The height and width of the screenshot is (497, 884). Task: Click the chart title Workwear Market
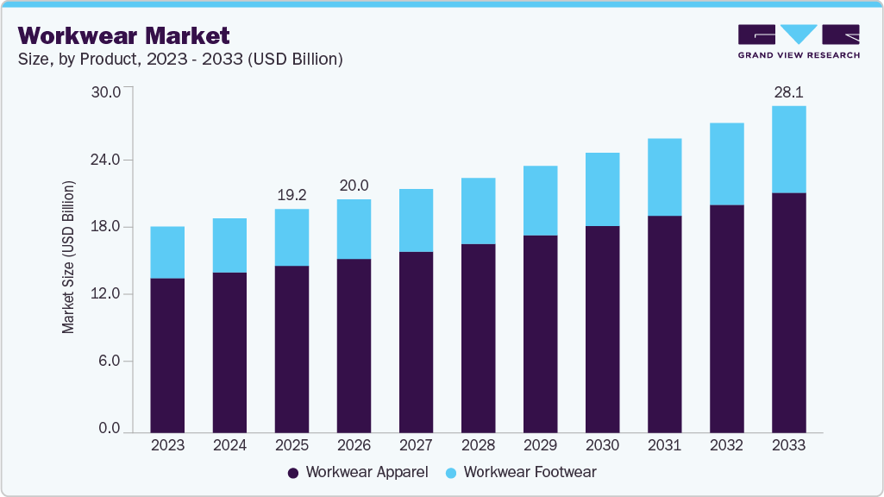(123, 35)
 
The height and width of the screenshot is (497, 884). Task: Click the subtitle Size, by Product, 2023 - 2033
(180, 60)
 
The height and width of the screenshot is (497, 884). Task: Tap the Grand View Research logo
(798, 41)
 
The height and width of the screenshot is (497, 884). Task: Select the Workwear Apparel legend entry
(357, 472)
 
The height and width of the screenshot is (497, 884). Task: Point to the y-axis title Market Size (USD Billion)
(68, 258)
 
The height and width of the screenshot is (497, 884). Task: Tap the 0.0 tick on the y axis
(109, 428)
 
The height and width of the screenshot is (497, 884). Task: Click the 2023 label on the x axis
(167, 445)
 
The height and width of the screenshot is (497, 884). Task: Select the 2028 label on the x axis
(478, 445)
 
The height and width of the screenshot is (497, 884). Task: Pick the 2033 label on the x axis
(788, 445)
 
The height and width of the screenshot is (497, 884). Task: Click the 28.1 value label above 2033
(788, 92)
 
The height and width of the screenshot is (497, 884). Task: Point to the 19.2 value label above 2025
(292, 195)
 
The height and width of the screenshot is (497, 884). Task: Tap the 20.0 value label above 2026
(354, 186)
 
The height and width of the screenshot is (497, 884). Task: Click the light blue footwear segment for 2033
(788, 149)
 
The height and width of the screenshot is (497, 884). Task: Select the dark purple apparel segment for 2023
(167, 355)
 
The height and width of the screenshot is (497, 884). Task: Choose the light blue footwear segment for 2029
(540, 200)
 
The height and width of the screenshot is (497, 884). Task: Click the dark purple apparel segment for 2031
(664, 324)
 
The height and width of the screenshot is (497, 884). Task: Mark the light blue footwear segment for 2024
(229, 245)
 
